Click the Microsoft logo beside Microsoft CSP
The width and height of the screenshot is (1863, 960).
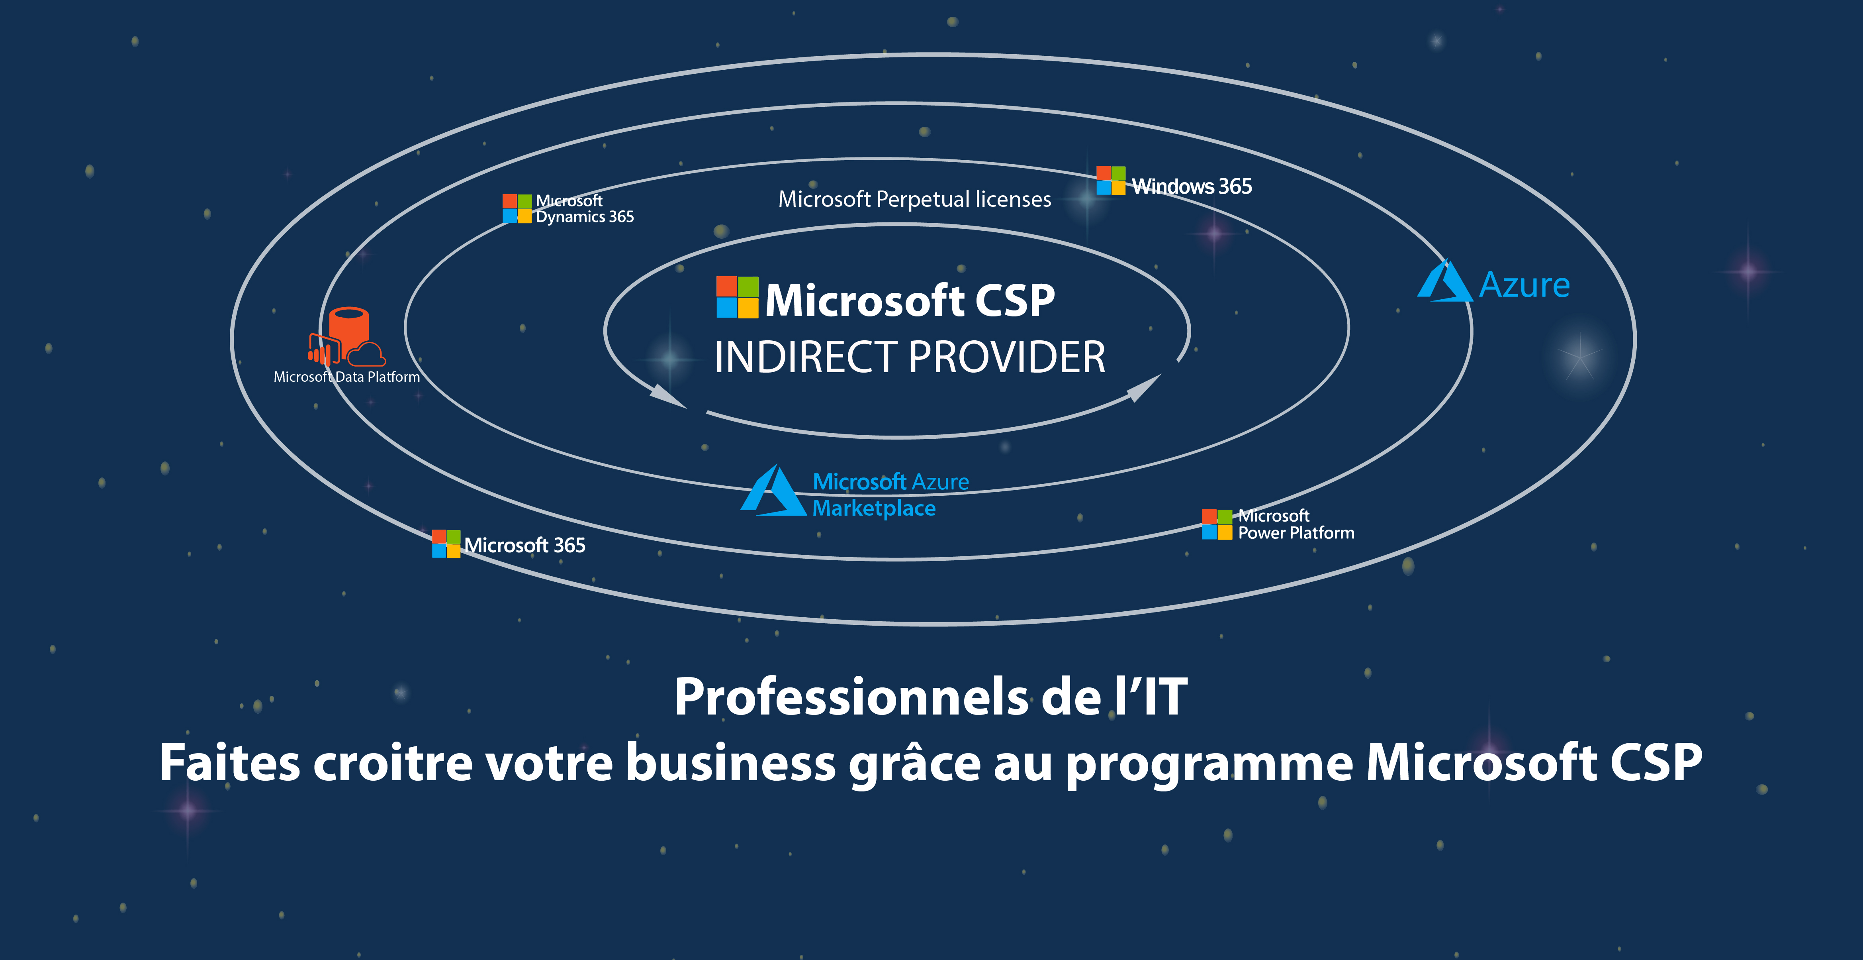737,297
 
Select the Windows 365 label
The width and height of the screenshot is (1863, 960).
1191,187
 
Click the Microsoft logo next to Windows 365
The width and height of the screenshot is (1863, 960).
1110,181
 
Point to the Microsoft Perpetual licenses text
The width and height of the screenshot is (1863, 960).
914,199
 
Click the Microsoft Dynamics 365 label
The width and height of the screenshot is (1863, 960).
584,209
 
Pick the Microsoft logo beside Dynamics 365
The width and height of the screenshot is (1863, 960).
517,208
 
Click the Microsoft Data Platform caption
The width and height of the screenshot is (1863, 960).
346,377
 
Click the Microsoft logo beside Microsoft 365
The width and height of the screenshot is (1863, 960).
446,544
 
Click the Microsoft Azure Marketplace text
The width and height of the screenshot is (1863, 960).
890,495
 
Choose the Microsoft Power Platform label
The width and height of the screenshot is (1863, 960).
1295,524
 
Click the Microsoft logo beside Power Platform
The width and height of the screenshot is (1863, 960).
1217,524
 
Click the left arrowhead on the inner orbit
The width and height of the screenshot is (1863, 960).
666,396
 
